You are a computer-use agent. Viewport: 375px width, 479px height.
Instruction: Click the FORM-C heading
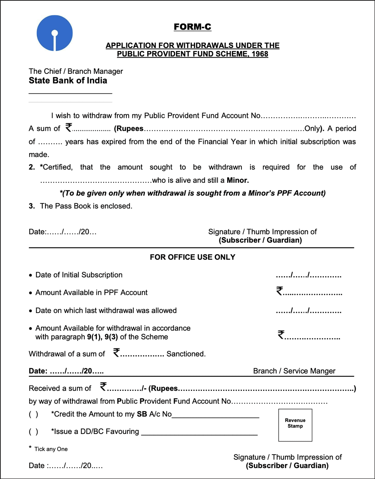192,27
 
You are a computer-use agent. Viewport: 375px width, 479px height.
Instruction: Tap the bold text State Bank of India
68,81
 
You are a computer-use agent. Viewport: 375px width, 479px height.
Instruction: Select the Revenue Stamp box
295,425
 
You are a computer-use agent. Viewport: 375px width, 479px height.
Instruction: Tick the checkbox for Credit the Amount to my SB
33,414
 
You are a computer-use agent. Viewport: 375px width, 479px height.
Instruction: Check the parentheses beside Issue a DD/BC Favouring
33,431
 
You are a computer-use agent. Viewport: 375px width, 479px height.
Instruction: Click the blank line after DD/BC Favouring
199,433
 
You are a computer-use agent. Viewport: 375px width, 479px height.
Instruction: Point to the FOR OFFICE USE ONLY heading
192,257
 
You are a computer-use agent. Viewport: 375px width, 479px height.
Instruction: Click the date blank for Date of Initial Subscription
308,275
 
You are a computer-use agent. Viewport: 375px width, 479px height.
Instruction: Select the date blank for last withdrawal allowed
308,311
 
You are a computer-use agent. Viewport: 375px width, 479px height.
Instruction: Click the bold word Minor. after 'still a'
238,180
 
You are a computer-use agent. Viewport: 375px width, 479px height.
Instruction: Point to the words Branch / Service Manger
294,371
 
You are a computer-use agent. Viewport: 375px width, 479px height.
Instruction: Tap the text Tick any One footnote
51,449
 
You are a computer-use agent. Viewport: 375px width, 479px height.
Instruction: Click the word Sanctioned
186,354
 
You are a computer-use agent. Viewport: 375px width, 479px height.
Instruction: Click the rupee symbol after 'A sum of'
68,128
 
